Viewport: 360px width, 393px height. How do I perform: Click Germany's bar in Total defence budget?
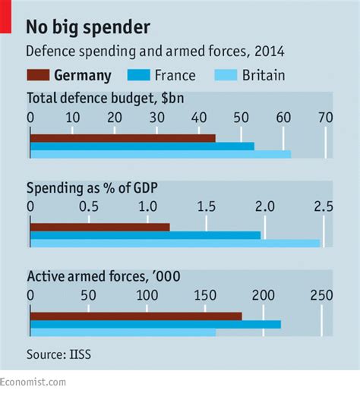(122, 138)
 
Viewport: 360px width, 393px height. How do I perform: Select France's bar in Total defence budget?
(142, 146)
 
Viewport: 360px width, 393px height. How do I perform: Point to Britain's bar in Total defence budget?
(160, 155)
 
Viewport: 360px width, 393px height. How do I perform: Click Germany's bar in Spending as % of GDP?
(99, 227)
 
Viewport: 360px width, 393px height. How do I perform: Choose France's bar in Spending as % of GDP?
(145, 235)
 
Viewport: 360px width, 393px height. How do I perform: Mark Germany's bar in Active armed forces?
(136, 316)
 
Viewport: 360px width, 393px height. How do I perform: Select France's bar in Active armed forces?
(155, 324)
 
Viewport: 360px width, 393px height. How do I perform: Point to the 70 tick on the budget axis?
(324, 118)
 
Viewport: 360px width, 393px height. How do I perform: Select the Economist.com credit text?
(33, 382)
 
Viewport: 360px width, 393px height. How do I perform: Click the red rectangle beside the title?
(6, 17)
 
